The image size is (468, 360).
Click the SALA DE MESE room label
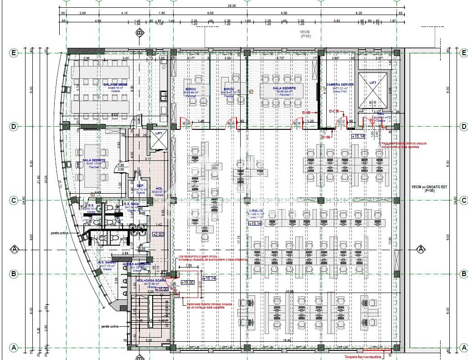tap(112, 85)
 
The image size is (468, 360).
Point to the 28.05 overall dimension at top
tap(231, 6)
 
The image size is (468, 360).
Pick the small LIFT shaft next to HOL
tap(159, 140)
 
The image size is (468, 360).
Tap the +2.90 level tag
tap(158, 234)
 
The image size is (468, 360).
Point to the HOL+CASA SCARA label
tap(151, 280)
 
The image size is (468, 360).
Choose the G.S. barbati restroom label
tap(108, 262)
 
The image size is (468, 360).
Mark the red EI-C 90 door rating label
tap(335, 111)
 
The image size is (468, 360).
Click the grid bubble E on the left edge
tap(14, 53)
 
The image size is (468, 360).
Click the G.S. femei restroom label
tap(131, 204)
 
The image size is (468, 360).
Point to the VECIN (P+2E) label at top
tap(305, 34)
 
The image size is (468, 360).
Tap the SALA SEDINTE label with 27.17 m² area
tap(94, 160)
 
